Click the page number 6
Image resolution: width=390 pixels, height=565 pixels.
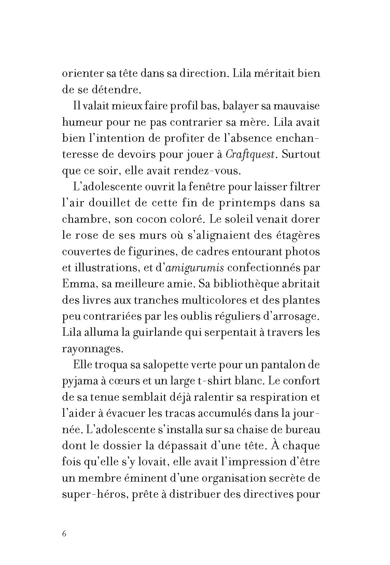point(64,534)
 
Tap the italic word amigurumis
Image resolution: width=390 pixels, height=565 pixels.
point(195,268)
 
